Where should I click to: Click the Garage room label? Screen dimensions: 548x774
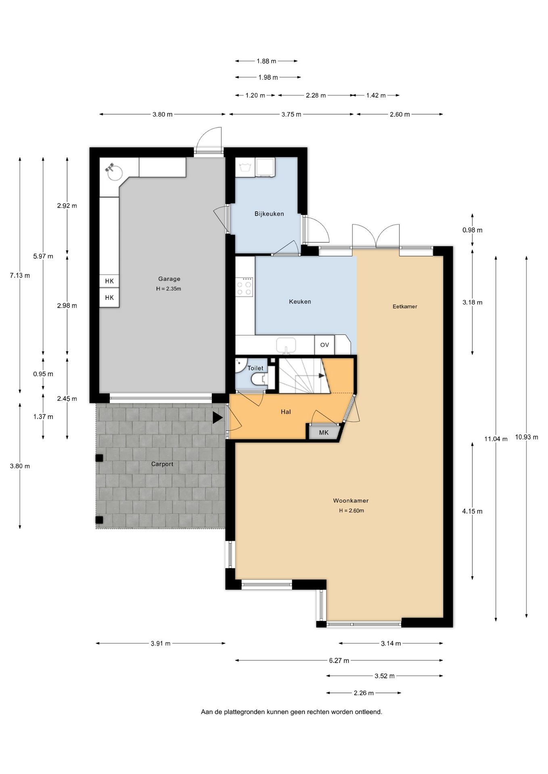tap(169, 279)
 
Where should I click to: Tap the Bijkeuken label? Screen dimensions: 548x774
tap(269, 214)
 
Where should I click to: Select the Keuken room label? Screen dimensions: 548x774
tap(300, 302)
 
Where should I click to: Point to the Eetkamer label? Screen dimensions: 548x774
tap(405, 306)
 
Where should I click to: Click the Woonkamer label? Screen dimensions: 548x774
tap(351, 501)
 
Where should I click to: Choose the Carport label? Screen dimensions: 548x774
tap(162, 464)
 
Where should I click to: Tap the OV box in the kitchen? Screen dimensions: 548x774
tap(324, 345)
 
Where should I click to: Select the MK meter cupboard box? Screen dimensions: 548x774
tap(324, 433)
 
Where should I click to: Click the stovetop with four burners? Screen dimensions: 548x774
tap(245, 287)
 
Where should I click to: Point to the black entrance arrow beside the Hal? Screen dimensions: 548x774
tap(218, 418)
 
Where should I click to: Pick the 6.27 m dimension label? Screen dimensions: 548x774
tap(339, 660)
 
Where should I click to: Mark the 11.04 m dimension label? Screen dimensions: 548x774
tap(496, 439)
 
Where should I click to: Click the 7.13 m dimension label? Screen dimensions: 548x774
tap(20, 276)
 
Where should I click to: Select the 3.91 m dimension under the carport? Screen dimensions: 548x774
tap(161, 643)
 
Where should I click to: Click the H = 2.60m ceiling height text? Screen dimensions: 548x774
tap(351, 511)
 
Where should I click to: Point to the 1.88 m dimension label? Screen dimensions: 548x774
tap(266, 61)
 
